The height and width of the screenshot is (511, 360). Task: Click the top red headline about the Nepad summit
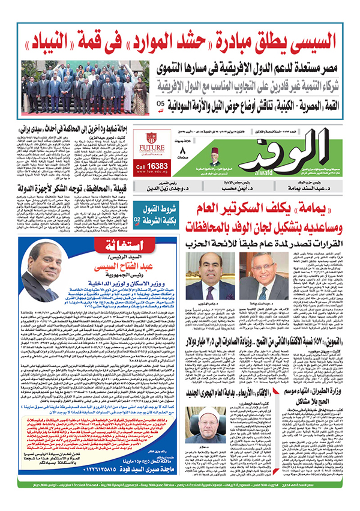[179, 43]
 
